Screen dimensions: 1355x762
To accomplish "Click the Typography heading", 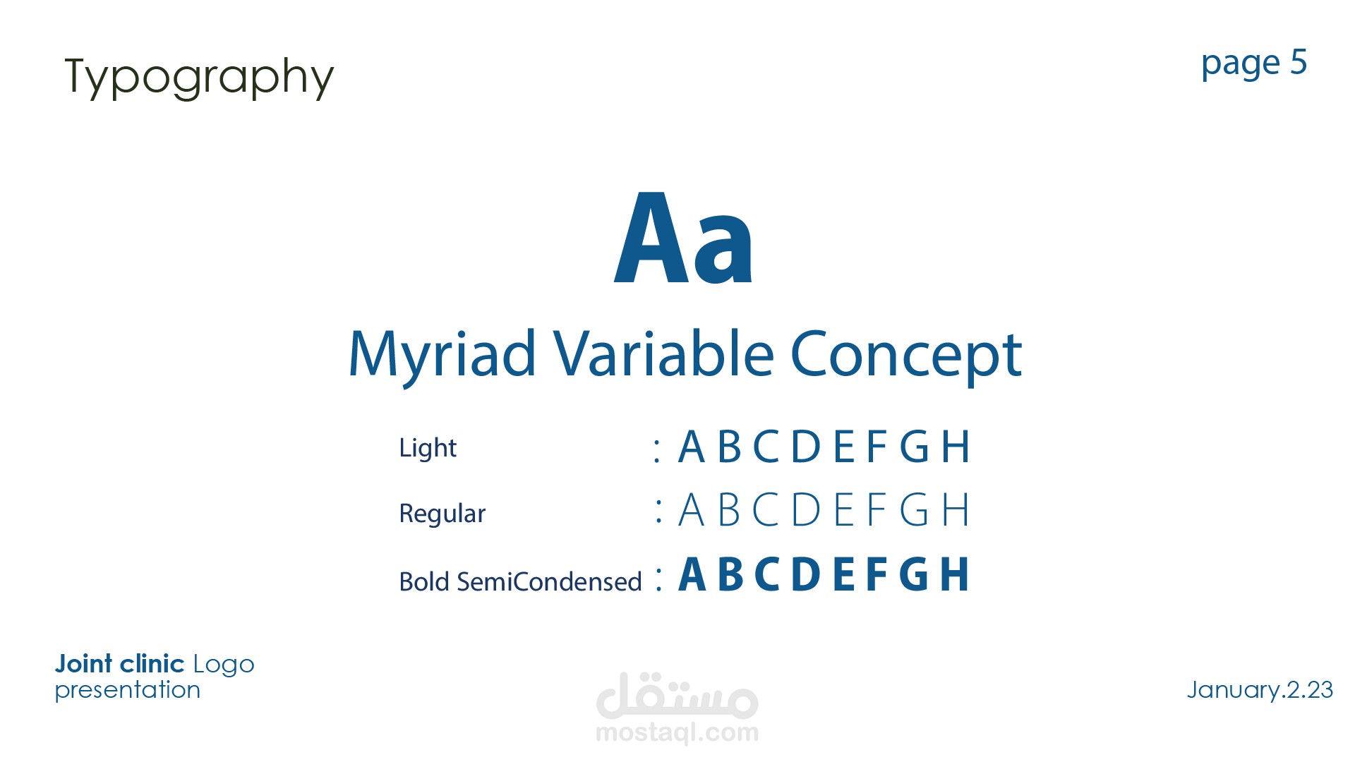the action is (x=199, y=77).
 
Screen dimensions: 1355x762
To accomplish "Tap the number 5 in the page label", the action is (x=1299, y=62).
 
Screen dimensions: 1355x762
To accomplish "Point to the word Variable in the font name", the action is (x=663, y=352).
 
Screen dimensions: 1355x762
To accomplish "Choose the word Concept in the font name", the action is (x=906, y=355).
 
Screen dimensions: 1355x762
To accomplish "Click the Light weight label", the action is (x=428, y=448).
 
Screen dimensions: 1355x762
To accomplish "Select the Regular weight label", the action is (x=442, y=514).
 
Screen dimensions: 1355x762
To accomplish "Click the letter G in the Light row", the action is (x=914, y=447).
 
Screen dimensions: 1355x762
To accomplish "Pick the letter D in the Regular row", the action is (x=806, y=509).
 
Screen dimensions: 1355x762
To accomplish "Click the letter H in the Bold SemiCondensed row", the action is (x=954, y=574).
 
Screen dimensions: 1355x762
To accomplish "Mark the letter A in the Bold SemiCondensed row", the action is (x=692, y=574).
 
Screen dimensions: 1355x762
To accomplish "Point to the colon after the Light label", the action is (x=657, y=450).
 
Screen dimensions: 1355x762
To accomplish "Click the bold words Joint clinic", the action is (x=119, y=664).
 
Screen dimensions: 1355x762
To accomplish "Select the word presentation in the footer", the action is (x=128, y=690).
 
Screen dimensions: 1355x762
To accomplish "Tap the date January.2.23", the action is (x=1260, y=689).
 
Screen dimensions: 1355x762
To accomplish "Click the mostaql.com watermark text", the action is (x=677, y=732).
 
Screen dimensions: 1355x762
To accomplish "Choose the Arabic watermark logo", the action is (x=677, y=695).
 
